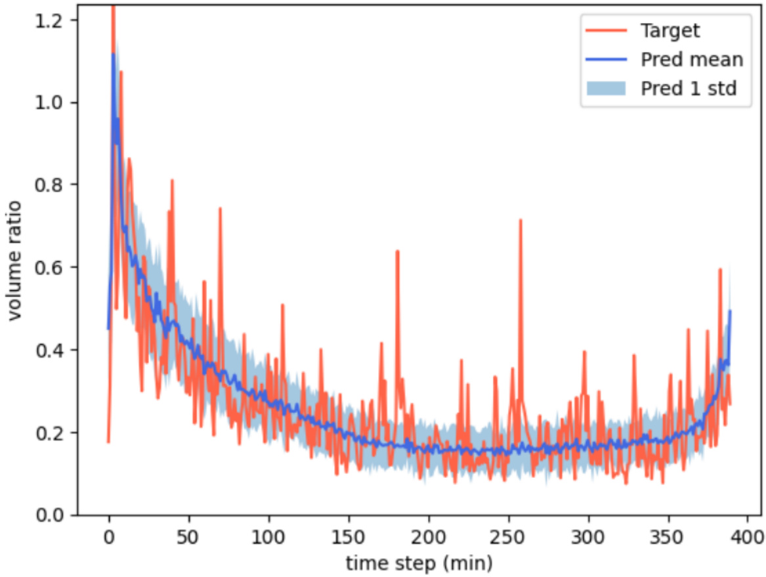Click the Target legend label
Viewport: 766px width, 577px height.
671,30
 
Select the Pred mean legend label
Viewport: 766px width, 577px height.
692,60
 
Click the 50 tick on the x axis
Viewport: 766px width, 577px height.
188,536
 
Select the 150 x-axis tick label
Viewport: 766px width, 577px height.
349,536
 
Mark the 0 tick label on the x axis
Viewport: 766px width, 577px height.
108,536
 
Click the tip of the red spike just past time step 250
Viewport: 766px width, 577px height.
521,221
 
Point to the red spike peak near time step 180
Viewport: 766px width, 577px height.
397,251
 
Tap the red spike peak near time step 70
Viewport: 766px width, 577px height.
220,209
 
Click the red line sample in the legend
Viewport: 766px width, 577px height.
608,30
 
